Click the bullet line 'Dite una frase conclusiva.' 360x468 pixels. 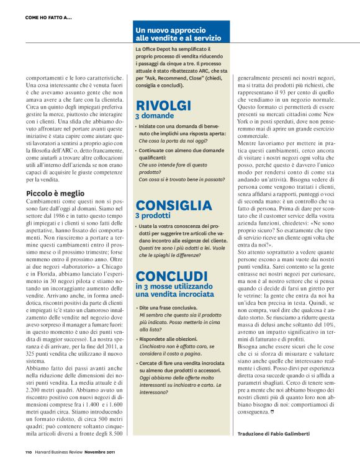166,307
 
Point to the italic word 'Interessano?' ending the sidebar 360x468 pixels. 155,392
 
